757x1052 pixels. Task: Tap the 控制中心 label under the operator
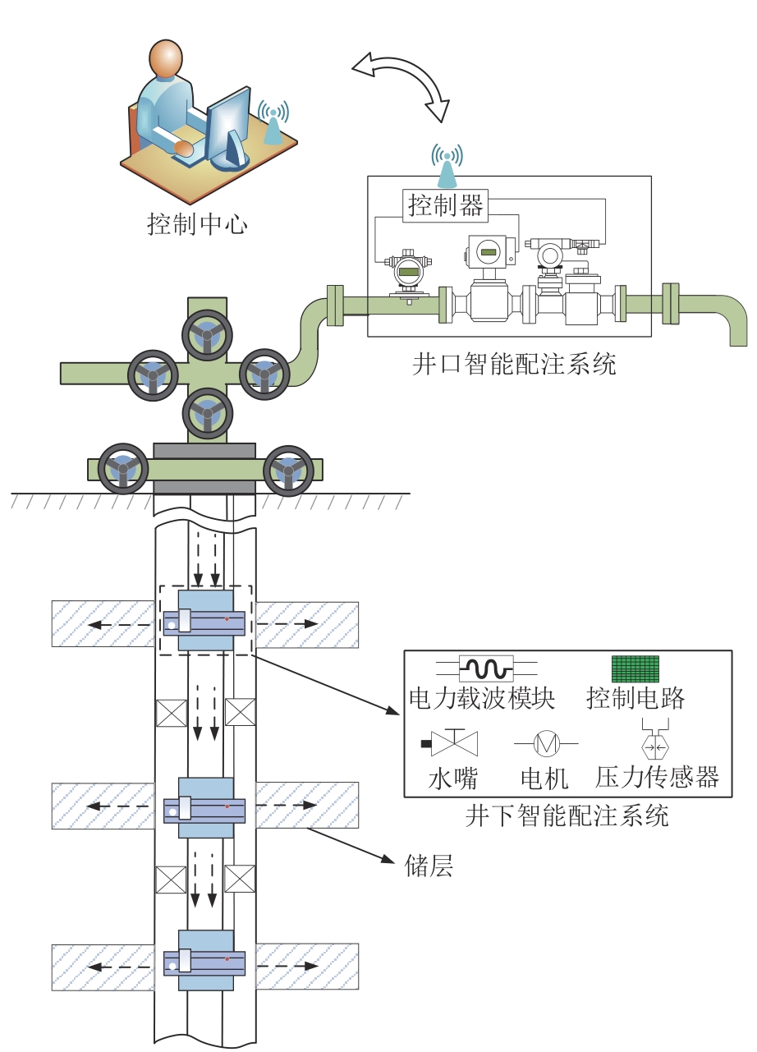click(197, 223)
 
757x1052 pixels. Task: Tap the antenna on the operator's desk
click(273, 122)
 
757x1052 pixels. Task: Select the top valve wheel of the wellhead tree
click(204, 334)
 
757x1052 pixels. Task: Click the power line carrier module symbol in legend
click(486, 667)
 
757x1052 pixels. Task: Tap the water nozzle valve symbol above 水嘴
click(454, 742)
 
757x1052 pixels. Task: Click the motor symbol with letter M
click(546, 743)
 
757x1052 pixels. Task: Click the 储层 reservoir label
click(429, 866)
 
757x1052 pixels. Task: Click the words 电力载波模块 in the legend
click(483, 699)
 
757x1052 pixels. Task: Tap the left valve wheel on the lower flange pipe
click(122, 470)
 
